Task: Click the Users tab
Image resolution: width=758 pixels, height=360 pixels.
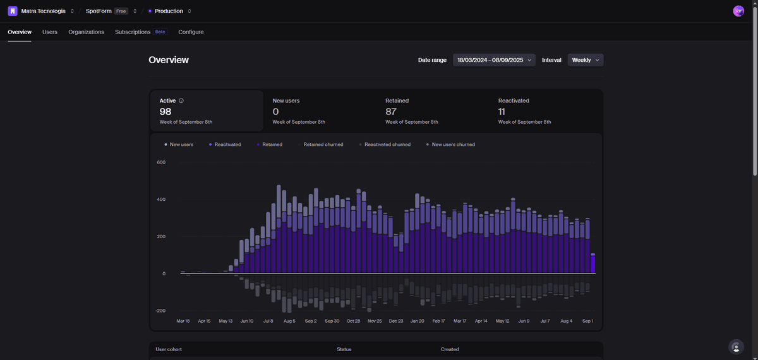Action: tap(50, 32)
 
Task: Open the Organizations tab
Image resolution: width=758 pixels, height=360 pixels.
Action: tap(86, 32)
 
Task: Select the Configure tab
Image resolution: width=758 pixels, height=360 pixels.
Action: tap(191, 32)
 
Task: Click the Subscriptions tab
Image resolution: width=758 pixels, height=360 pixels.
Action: tap(133, 32)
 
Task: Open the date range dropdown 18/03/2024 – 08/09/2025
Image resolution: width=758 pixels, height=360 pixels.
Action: tap(494, 60)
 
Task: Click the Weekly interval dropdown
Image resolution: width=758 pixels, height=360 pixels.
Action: tap(586, 60)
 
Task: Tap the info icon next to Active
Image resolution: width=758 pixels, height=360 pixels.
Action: tap(181, 100)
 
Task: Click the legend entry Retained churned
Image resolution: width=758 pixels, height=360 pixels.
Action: tap(323, 145)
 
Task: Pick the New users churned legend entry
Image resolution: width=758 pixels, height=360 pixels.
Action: tap(453, 145)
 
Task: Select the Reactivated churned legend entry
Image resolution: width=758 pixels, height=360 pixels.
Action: tap(387, 145)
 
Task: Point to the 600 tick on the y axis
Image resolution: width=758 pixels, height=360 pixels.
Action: tap(161, 162)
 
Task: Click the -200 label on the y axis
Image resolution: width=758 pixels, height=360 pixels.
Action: tap(161, 311)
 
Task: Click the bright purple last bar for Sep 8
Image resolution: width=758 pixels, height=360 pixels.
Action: tap(593, 263)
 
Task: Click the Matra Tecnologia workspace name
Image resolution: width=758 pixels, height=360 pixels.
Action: tap(43, 11)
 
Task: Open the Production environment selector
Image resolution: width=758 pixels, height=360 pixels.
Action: tap(169, 11)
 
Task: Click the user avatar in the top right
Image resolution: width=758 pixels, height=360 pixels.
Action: tap(738, 11)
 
